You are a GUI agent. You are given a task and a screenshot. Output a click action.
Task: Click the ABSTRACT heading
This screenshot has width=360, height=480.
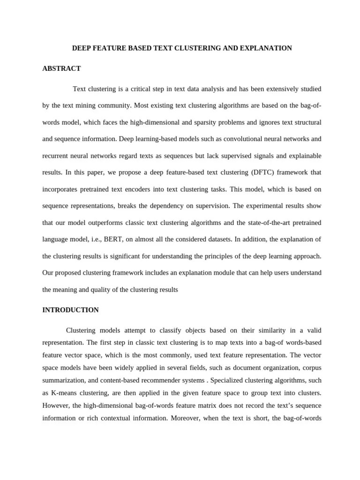61,68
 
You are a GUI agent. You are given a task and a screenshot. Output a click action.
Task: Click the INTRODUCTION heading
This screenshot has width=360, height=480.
70,310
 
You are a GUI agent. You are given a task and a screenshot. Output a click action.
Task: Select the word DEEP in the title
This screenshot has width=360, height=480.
81,48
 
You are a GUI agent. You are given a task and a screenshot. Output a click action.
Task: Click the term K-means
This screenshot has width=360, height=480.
62,392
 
